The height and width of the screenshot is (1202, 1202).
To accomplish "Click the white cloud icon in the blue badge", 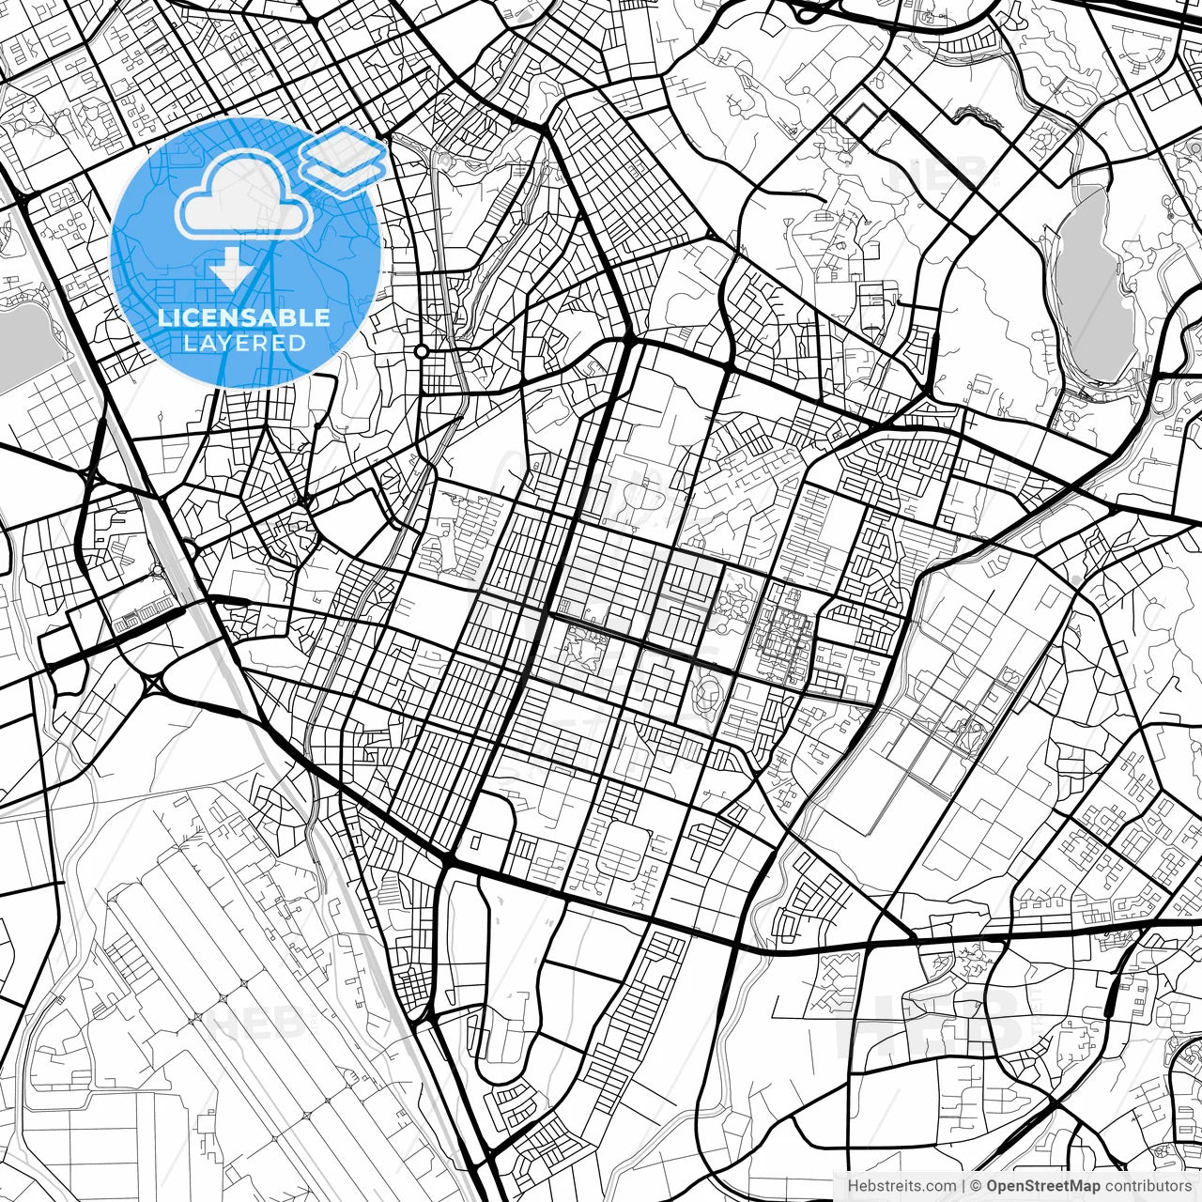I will pyautogui.click(x=243, y=197).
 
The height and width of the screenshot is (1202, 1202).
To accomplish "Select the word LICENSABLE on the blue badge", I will pyautogui.click(x=244, y=317).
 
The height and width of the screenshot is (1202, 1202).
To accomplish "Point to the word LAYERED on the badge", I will pyautogui.click(x=244, y=343).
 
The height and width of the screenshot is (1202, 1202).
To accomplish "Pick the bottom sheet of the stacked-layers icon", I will pyautogui.click(x=344, y=173).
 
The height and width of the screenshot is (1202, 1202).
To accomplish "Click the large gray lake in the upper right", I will pyautogui.click(x=1088, y=282).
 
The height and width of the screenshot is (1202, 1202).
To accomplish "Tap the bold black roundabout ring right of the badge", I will pyautogui.click(x=422, y=351).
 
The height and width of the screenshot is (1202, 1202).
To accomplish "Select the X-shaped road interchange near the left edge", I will pyautogui.click(x=151, y=682).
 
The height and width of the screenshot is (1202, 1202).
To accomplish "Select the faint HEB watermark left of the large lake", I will pyautogui.click(x=939, y=169).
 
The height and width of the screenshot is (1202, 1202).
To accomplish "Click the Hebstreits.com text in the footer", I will pyautogui.click(x=902, y=1186).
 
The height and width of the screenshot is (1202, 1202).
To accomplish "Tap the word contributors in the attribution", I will pyautogui.click(x=1148, y=1186).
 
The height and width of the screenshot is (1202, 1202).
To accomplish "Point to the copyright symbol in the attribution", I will pyautogui.click(x=976, y=1186).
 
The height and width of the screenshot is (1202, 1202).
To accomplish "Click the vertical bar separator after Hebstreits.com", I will pyautogui.click(x=963, y=1186).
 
